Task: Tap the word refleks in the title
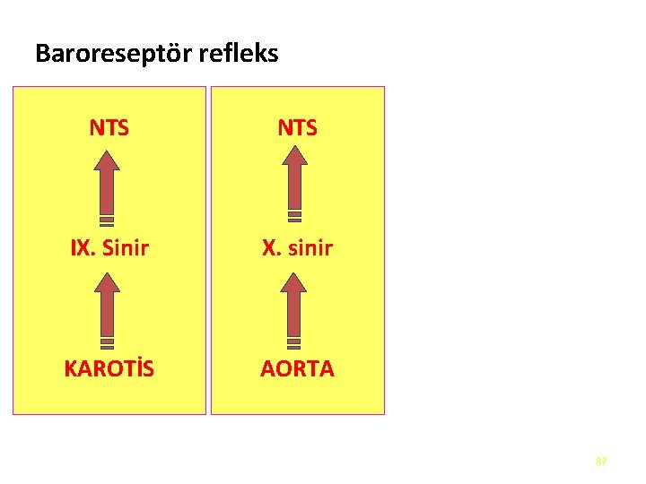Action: (x=242, y=54)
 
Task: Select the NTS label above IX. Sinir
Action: (x=109, y=128)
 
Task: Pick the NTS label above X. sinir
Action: (x=297, y=128)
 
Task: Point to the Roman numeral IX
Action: (x=82, y=248)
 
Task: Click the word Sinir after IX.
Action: (x=125, y=248)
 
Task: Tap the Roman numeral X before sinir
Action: (x=268, y=248)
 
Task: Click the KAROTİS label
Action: (x=109, y=368)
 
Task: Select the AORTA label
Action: (x=297, y=368)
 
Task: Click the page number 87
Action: (x=601, y=461)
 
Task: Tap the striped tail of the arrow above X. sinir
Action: (x=294, y=217)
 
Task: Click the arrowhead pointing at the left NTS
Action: (x=107, y=162)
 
